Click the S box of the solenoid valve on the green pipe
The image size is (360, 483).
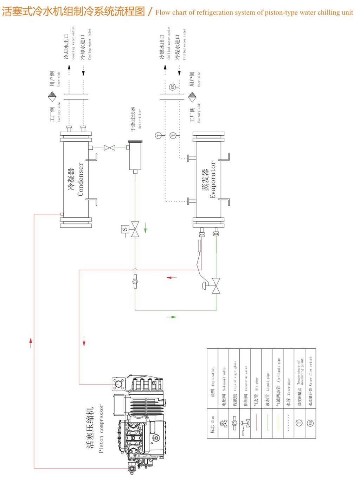coord(125,229)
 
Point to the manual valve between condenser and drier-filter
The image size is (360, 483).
coord(110,148)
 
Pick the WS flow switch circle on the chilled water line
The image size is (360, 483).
coord(173,87)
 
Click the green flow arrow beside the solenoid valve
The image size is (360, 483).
coord(145,230)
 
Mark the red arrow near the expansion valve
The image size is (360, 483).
coord(172,277)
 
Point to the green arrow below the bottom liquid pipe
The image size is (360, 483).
coord(171,317)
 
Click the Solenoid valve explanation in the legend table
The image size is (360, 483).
coord(224,379)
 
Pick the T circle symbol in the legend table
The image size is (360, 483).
coord(300,423)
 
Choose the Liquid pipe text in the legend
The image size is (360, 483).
coord(268,382)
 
